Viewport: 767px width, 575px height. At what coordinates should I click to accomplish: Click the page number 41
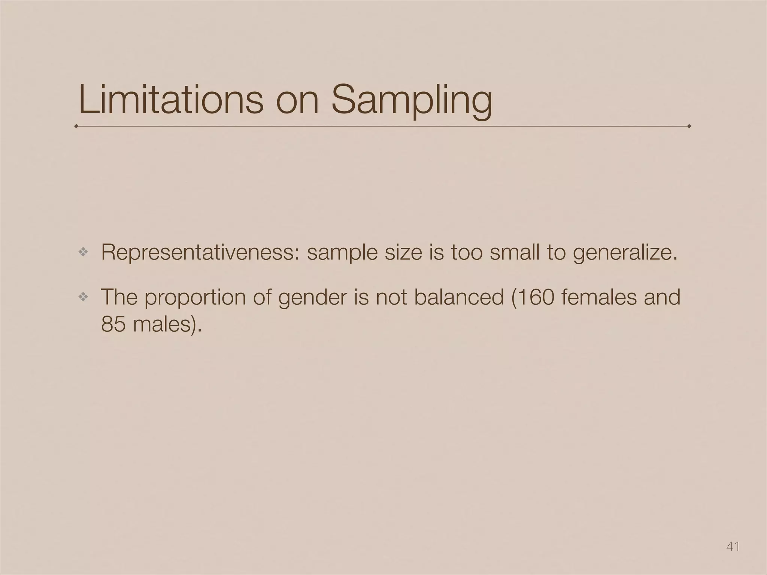(x=733, y=547)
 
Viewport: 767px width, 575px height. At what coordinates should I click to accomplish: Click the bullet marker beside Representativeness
(x=83, y=253)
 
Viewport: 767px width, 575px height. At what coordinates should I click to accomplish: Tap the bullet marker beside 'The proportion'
(x=83, y=297)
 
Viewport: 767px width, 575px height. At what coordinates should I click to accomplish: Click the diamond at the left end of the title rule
(x=76, y=126)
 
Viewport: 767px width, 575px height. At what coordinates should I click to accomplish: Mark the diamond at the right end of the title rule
(x=689, y=126)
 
